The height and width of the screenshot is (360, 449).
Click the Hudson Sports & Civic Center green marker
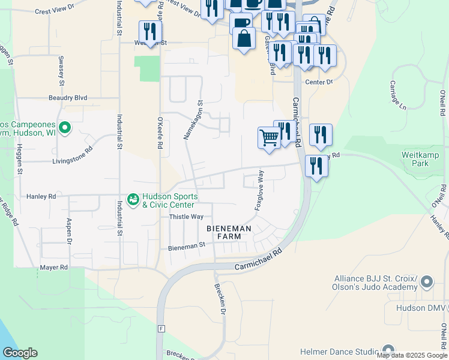(x=133, y=198)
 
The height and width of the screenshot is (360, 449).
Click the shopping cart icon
(x=269, y=138)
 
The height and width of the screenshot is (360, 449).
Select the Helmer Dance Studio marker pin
(x=388, y=350)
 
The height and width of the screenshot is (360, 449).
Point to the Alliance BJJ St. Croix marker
(x=427, y=281)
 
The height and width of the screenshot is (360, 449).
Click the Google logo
(x=19, y=353)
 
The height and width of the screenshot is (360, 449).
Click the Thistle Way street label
(x=186, y=217)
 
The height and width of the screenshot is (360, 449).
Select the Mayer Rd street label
(x=53, y=267)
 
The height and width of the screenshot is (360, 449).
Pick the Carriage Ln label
(x=398, y=95)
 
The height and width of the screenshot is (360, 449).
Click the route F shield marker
(x=161, y=329)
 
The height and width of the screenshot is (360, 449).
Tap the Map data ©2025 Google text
(x=412, y=355)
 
